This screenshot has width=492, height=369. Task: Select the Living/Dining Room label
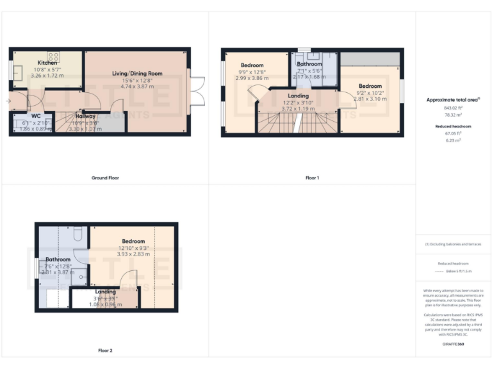137,74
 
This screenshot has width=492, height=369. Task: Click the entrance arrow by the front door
8,101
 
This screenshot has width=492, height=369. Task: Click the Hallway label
85,116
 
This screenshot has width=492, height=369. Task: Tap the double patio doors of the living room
197,92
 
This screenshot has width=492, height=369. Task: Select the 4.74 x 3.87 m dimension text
137,86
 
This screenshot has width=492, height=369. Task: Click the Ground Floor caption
104,177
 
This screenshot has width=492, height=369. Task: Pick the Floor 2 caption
105,350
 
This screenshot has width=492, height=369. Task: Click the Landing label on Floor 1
298,95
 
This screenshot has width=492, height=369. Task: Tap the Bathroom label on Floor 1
309,64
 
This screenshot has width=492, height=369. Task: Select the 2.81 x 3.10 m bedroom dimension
370,99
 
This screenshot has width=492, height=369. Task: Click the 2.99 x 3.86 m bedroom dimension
252,78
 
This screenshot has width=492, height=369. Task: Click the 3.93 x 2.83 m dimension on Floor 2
133,254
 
